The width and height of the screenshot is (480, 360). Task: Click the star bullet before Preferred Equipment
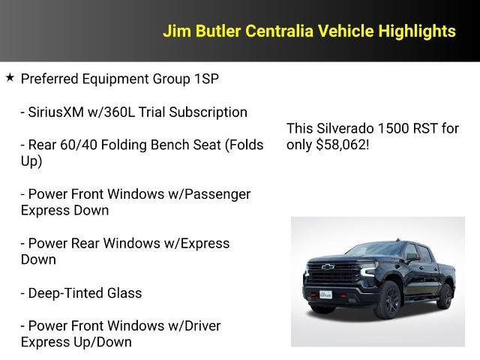pos(10,77)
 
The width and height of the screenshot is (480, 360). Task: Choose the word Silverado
pos(342,128)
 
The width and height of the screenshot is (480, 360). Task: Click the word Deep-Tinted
pos(62,293)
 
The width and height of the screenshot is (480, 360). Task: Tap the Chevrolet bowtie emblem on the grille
pos(328,267)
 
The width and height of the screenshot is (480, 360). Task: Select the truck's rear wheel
pos(445,295)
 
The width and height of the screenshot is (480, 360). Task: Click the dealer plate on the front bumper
pos(325,295)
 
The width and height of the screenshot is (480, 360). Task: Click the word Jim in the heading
pos(175,31)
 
